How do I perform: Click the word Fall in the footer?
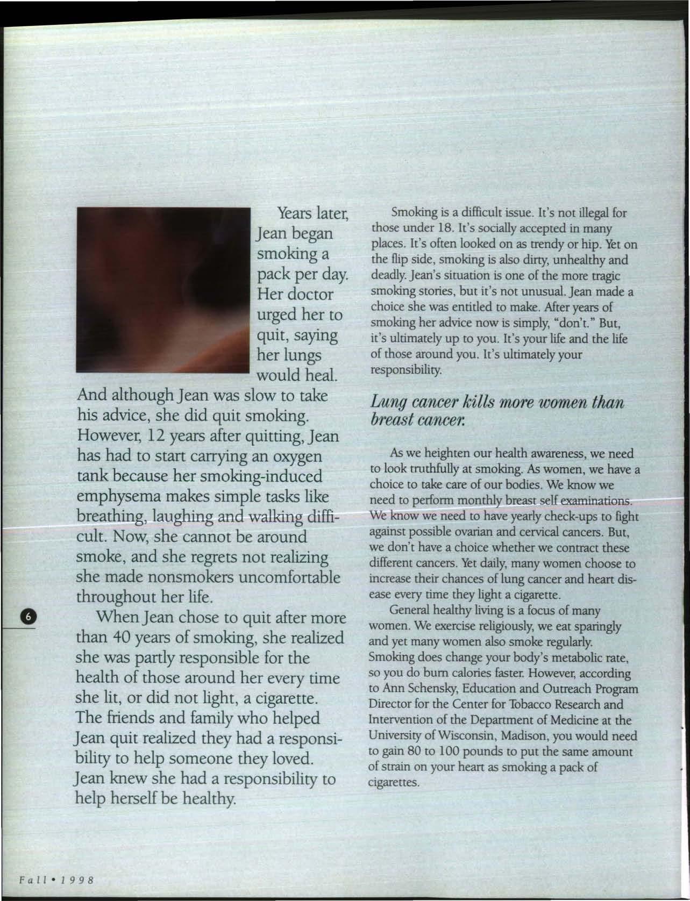click(31, 879)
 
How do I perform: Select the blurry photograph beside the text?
click(163, 290)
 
